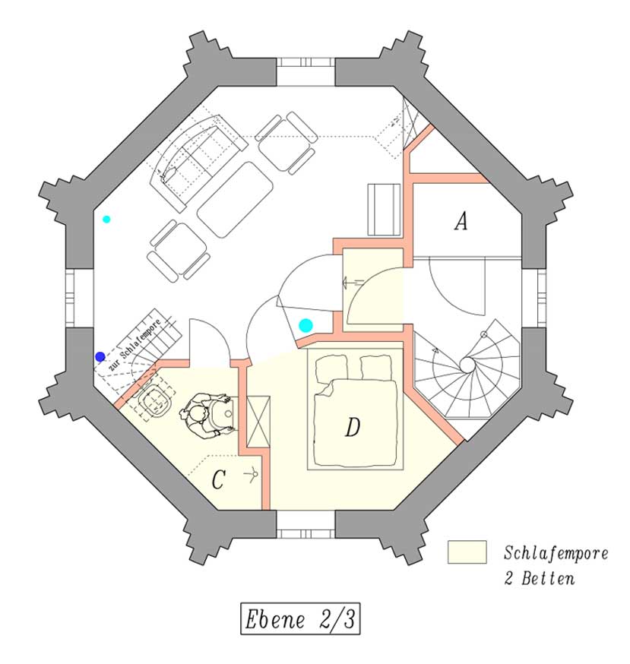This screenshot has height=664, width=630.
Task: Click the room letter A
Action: (x=461, y=222)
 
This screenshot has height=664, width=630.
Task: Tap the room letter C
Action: (x=218, y=480)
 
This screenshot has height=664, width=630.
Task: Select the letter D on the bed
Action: (x=353, y=427)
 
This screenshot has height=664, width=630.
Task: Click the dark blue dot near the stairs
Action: (x=100, y=356)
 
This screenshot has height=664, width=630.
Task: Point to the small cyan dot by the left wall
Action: (x=106, y=219)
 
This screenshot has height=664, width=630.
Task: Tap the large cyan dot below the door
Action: (x=306, y=325)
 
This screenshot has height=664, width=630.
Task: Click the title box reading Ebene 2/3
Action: (x=300, y=618)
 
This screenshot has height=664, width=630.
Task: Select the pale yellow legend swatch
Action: (x=467, y=552)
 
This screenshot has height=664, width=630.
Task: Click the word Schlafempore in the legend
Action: (x=556, y=553)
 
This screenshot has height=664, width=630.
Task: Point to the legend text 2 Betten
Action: (x=540, y=578)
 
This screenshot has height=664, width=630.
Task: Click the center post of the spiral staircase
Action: (x=467, y=365)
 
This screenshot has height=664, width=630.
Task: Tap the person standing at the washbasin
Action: (x=204, y=416)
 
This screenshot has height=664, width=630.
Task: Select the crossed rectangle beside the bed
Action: (x=258, y=422)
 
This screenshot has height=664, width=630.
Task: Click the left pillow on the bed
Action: (x=331, y=368)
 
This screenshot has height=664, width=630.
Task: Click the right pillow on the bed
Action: (x=376, y=368)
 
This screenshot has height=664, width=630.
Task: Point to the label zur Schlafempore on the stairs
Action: (x=135, y=344)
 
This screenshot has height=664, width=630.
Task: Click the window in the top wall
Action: (x=306, y=71)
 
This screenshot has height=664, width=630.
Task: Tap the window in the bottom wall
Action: (x=306, y=524)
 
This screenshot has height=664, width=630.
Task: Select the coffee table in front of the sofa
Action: (x=235, y=200)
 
